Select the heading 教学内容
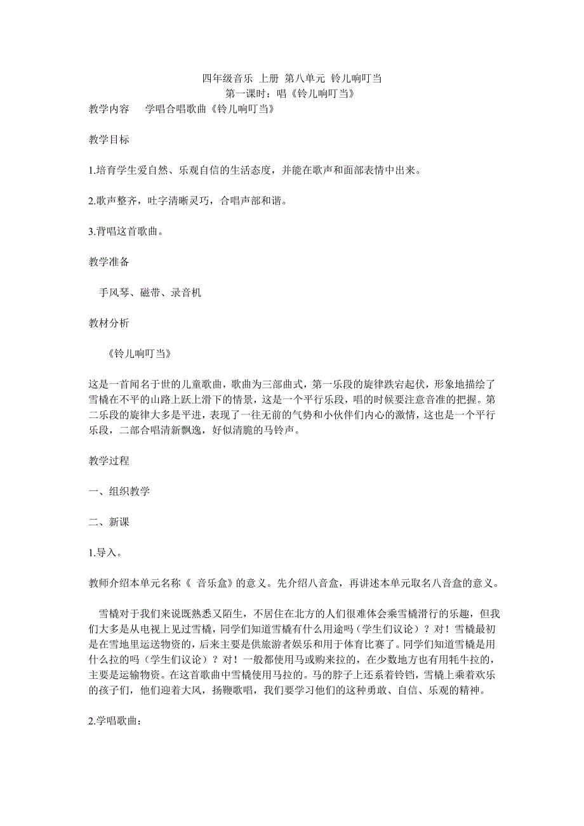point(109,109)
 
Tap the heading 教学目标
point(109,140)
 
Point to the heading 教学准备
point(109,262)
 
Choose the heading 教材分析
point(109,323)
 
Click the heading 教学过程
point(109,461)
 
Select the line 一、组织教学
point(119,491)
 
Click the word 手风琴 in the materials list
point(114,292)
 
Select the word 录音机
point(187,292)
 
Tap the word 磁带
point(150,292)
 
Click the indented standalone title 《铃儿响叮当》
point(140,353)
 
